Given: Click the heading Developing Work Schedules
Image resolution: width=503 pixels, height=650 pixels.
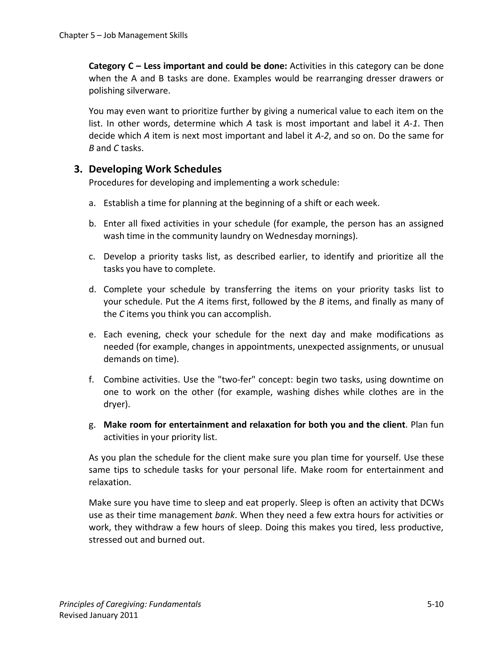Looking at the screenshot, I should click(x=155, y=169).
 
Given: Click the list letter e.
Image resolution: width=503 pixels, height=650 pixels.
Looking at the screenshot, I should click(x=92, y=335).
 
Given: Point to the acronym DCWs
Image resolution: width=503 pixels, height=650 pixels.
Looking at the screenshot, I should click(x=432, y=503).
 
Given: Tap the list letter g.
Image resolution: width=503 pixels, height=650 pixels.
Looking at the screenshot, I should click(x=92, y=425).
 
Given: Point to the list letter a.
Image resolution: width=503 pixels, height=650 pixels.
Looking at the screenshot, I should click(x=92, y=203).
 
